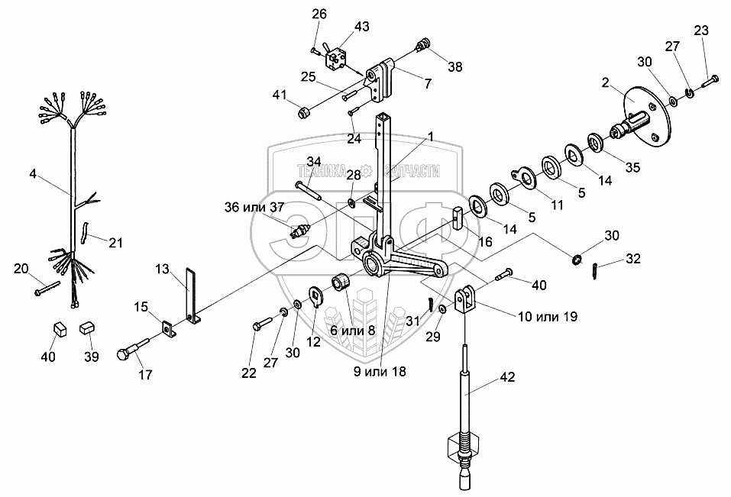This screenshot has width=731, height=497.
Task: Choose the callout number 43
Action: pos(361,27)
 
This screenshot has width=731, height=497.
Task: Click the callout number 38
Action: pos(455,66)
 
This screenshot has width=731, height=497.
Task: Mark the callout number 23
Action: pos(700,31)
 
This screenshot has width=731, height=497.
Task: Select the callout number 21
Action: pos(116,243)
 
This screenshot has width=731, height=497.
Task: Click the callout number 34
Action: pos(314,161)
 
